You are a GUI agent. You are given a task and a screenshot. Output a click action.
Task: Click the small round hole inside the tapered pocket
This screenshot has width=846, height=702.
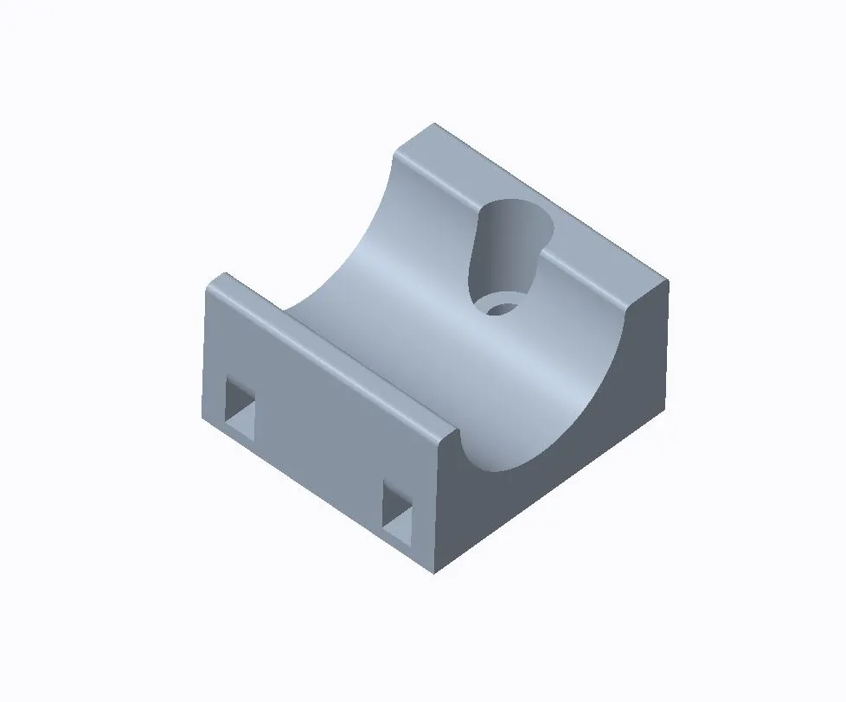tap(498, 307)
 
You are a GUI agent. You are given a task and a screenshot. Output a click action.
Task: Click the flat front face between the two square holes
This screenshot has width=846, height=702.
tap(320, 450)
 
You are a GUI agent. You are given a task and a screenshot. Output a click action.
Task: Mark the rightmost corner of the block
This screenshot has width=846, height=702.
tap(669, 280)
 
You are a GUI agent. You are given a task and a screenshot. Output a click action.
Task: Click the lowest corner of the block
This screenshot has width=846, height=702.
tap(434, 573)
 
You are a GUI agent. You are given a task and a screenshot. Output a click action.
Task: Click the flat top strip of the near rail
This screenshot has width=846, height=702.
tap(337, 354)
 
